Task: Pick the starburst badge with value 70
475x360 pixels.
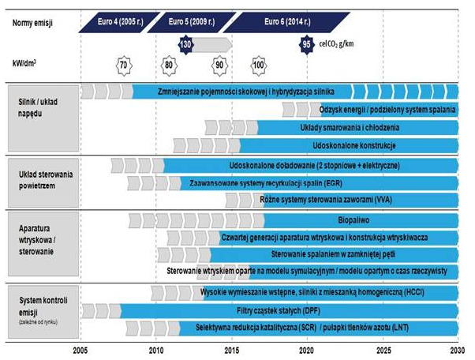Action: (123, 64)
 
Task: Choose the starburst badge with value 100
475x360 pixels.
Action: (258, 64)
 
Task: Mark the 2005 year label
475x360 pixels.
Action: (80, 348)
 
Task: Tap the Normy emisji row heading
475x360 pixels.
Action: (32, 23)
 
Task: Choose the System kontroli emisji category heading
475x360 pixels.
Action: (39, 301)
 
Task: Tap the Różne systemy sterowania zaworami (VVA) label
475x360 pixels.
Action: (327, 201)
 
